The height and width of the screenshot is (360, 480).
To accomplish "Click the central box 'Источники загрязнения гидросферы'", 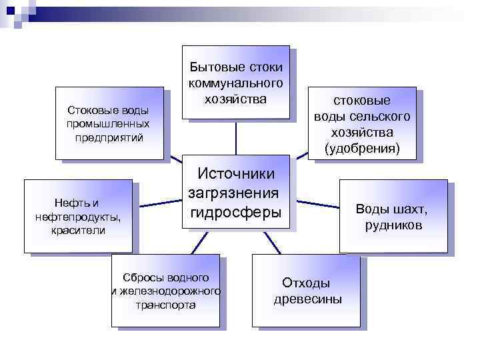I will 236,193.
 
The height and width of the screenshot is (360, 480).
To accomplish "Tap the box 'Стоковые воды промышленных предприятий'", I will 109,123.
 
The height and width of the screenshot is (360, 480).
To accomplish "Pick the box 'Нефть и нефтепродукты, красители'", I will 77,216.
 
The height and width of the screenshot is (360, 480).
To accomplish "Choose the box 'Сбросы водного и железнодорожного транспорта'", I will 165,290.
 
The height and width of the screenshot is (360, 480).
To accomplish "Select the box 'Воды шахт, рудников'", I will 393,216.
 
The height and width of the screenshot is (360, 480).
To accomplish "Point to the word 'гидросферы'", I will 236,213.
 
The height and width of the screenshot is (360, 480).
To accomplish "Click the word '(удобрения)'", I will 362,147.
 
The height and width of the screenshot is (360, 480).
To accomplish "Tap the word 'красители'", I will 77,231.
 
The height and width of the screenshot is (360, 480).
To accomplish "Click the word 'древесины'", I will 307,299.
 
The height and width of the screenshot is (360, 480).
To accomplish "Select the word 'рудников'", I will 393,225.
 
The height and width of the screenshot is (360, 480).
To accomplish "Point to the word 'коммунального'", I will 236,83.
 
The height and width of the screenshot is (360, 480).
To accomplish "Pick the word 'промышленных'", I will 109,123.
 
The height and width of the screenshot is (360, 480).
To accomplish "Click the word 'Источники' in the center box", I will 236,173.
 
